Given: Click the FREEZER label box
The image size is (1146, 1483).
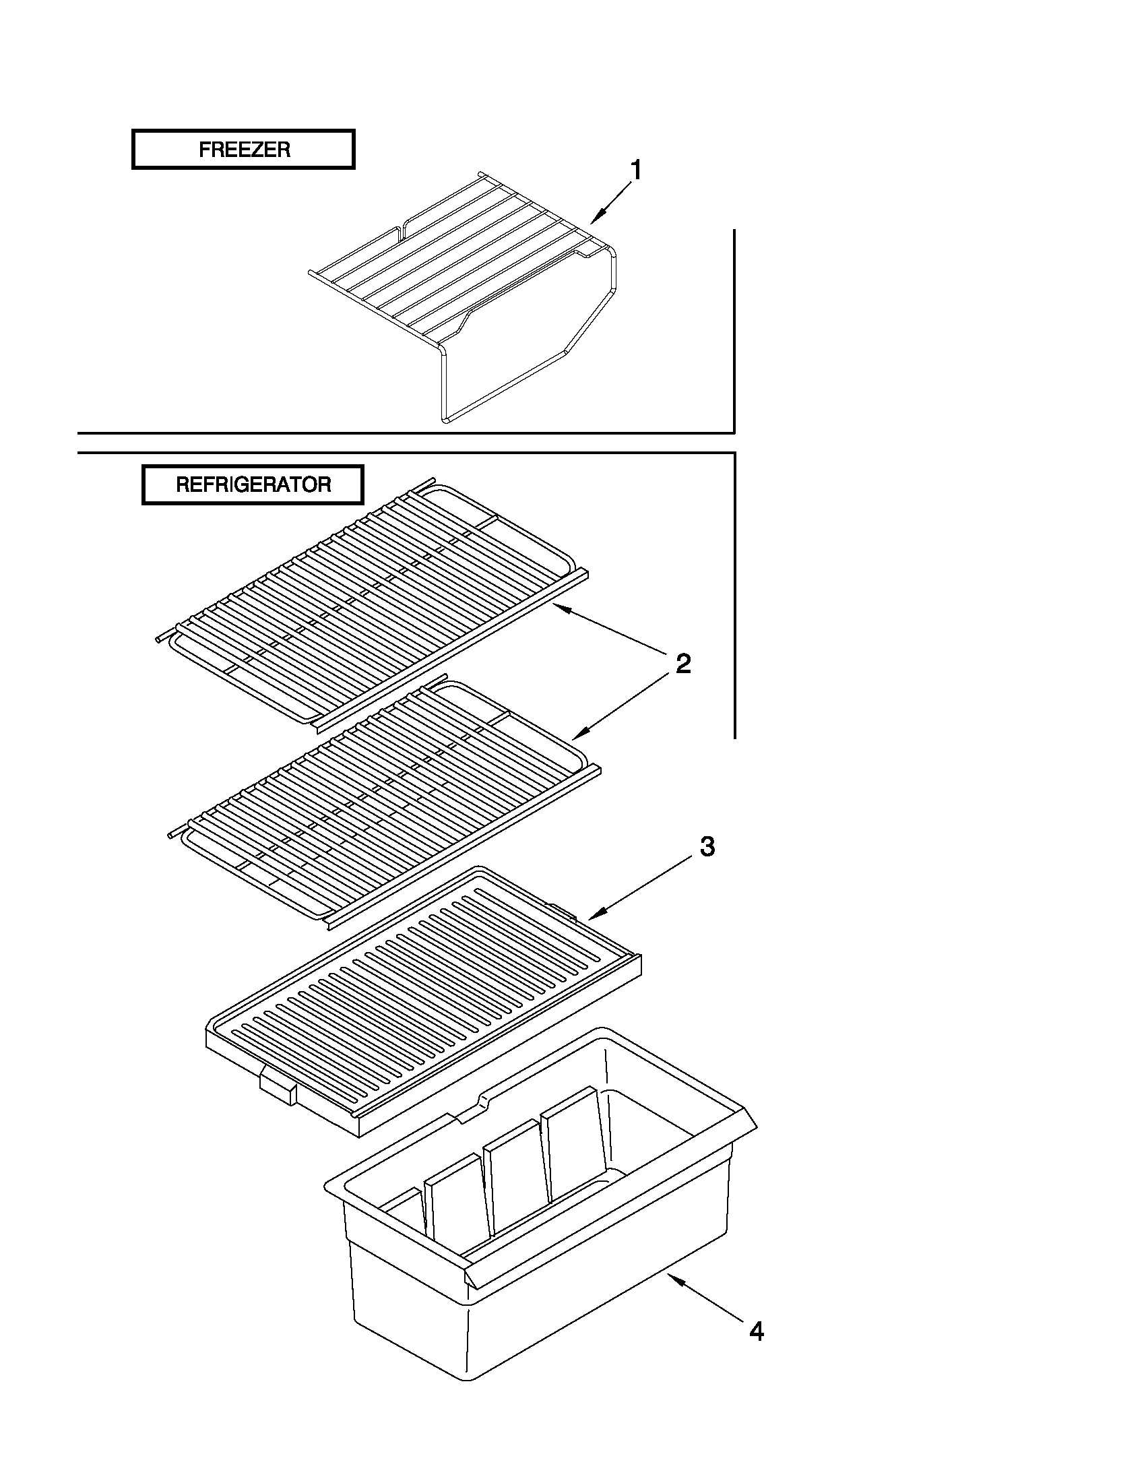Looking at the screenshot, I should [x=243, y=150].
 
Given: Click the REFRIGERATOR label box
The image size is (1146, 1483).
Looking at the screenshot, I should [x=253, y=485].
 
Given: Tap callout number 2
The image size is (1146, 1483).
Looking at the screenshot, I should [x=682, y=664].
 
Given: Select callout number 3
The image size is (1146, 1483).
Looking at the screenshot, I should [x=707, y=847].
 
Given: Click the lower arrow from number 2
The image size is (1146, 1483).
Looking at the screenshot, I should [x=618, y=707].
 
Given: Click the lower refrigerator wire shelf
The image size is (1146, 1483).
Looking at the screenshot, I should [x=380, y=801].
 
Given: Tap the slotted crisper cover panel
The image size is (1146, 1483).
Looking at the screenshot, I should [x=421, y=998].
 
